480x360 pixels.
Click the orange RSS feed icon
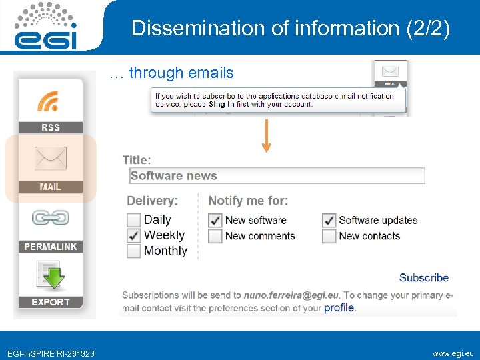(51, 100)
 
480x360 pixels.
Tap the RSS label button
(51, 127)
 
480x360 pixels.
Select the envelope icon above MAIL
(51, 159)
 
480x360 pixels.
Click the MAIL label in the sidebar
(51, 187)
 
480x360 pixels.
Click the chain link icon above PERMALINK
(51, 218)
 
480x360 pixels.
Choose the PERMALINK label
(51, 247)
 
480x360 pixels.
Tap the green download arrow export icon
(51, 276)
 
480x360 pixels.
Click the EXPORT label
(51, 302)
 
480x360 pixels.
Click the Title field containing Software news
(277, 176)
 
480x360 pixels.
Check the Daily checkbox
(134, 220)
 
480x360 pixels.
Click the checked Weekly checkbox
(134, 235)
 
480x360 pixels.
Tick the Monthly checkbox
(134, 251)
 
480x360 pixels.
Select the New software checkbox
(215, 220)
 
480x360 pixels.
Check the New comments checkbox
(215, 236)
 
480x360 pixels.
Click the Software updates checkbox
(329, 220)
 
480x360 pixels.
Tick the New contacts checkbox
(329, 236)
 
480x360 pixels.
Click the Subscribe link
(423, 278)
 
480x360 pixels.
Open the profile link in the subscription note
(339, 308)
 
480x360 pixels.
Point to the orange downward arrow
(267, 137)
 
